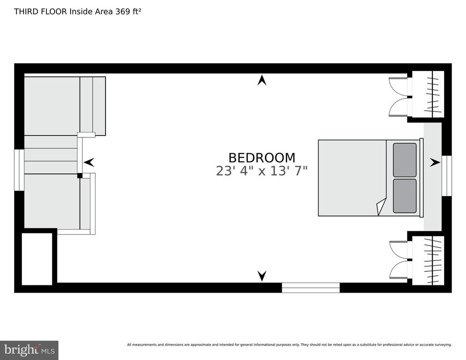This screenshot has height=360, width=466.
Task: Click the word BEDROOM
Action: coord(262,157)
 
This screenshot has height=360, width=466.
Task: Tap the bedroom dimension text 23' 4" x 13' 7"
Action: coord(262,171)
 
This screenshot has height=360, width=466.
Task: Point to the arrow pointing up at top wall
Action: coord(262,80)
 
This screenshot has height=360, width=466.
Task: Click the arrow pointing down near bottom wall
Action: coord(262,276)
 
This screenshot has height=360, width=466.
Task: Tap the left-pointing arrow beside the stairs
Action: coord(89,162)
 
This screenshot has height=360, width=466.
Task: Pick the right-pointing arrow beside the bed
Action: coord(435,162)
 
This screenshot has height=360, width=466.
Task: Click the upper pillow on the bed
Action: coord(405,160)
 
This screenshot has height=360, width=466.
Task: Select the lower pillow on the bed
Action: coord(405,196)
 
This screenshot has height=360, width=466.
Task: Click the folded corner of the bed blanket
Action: coord(381,206)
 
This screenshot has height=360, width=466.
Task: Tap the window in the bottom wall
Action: coord(310,288)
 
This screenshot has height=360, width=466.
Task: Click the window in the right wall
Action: coord(446,176)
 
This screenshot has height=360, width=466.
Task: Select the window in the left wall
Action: coord(19,170)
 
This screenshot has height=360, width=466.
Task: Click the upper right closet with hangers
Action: coord(428,94)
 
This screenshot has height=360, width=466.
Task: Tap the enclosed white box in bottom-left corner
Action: coord(37,259)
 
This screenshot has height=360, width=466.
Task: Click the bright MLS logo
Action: coord(29,350)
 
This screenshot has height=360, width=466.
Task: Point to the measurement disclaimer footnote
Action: coord(289,345)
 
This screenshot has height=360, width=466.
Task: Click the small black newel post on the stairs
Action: coord(80,176)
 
